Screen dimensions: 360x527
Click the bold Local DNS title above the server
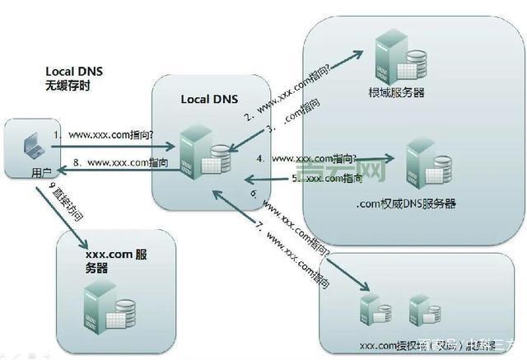click(x=208, y=99)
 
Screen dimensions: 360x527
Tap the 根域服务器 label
click(x=396, y=93)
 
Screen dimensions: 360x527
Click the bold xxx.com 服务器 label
click(x=116, y=261)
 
